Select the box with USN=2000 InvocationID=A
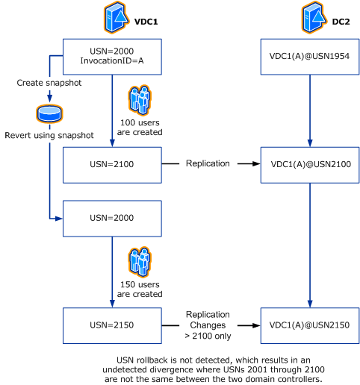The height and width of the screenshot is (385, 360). pyautogui.click(x=112, y=54)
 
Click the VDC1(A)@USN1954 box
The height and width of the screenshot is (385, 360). pyautogui.click(x=309, y=55)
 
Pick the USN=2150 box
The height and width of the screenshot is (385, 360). pyautogui.click(x=112, y=325)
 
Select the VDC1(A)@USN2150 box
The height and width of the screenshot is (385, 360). pyautogui.click(x=309, y=325)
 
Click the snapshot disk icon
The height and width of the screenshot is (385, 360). pyautogui.click(x=48, y=114)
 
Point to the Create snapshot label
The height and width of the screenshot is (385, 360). pyautogui.click(x=48, y=83)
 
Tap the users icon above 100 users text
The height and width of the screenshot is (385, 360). pyautogui.click(x=140, y=101)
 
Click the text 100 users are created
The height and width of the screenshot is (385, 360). pyautogui.click(x=141, y=127)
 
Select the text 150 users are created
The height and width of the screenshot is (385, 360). pyautogui.click(x=141, y=289)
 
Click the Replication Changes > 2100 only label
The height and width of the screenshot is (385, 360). pyautogui.click(x=208, y=326)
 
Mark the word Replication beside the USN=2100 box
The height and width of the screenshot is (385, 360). pyautogui.click(x=208, y=163)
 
